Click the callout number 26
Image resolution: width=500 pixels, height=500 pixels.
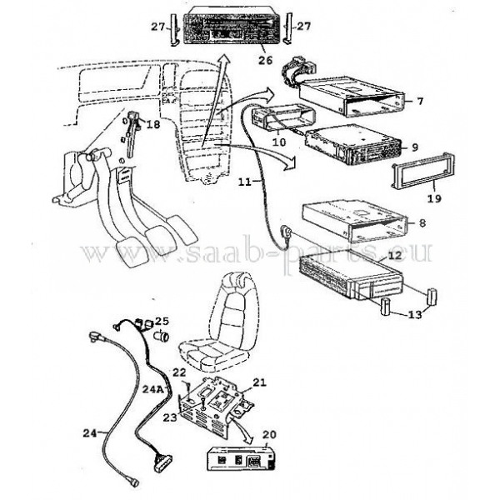click(x=266, y=60)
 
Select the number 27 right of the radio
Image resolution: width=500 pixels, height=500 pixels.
click(x=303, y=26)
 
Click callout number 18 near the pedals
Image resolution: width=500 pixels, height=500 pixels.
click(x=153, y=124)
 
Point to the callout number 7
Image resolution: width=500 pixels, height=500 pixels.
click(x=420, y=101)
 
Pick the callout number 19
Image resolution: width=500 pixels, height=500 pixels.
click(x=435, y=198)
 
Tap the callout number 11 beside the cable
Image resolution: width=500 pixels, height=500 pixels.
click(x=246, y=182)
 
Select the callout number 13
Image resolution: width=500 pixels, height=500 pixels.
click(x=415, y=315)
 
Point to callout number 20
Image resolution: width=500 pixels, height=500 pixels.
click(x=269, y=435)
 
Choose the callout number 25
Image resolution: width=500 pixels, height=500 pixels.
click(x=162, y=321)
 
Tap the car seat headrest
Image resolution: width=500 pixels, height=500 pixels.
click(x=238, y=280)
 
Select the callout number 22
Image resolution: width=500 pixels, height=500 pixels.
click(x=179, y=372)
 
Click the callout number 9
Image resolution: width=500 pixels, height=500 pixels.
click(x=415, y=147)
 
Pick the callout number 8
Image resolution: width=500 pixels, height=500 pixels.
click(x=422, y=222)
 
